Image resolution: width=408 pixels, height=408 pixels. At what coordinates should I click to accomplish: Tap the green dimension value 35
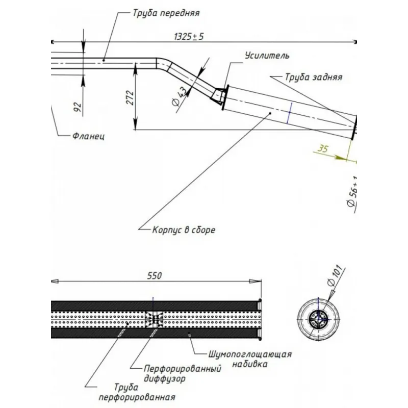pyautogui.click(x=322, y=149)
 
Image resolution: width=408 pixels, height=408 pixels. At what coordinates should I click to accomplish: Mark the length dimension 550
pyautogui.click(x=154, y=275)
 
